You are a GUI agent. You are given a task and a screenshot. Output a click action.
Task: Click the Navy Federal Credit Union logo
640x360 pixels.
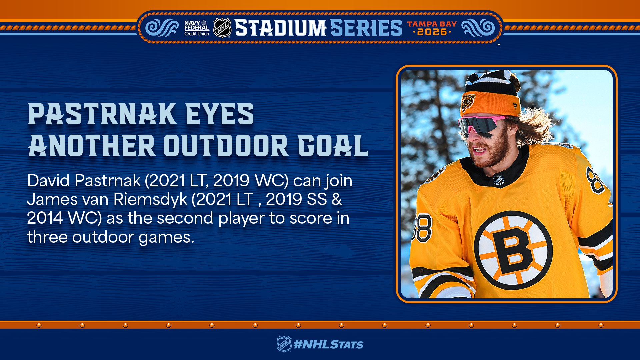point(197,28)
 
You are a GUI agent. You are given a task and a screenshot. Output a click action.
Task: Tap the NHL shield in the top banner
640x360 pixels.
point(222,28)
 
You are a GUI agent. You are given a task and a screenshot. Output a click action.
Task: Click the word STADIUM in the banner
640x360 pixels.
point(281,28)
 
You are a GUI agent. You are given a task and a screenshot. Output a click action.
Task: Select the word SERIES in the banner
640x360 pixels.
point(366,28)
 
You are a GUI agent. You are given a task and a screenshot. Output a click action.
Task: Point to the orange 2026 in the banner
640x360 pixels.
point(432,32)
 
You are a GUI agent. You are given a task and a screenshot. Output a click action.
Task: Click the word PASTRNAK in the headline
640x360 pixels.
point(102,114)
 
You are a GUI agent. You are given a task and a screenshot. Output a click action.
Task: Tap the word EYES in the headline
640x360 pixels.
point(220,114)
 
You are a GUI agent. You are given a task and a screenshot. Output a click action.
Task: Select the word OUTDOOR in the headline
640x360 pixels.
point(226,145)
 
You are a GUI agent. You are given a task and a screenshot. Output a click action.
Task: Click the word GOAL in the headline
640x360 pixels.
point(333,145)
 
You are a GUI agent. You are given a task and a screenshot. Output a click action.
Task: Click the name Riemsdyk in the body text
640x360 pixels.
point(150,200)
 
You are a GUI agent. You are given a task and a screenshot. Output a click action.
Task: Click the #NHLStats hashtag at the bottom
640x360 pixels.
point(328,344)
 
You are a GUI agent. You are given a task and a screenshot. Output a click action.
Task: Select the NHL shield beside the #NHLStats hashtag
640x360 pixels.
point(284,344)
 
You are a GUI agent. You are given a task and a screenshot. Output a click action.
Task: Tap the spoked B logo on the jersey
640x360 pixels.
point(513,250)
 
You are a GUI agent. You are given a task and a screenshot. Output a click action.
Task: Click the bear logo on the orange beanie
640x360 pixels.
point(468,102)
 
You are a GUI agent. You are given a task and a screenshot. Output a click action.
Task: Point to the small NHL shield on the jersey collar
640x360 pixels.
point(498,180)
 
